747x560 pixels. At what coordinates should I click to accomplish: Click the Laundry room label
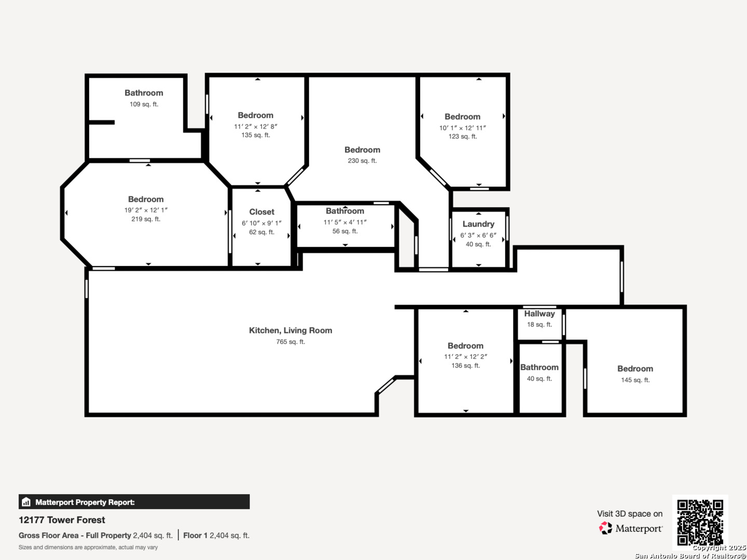click(478, 224)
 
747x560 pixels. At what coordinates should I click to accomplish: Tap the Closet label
click(261, 212)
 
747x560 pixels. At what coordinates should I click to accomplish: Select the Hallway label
click(539, 314)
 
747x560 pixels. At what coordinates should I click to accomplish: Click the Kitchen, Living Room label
click(290, 330)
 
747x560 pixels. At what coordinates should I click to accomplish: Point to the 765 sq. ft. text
click(290, 342)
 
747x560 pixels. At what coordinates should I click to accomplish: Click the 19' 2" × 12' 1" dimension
click(146, 210)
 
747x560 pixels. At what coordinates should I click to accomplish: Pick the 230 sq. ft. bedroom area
click(362, 161)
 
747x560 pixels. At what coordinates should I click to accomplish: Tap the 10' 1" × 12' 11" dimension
click(463, 128)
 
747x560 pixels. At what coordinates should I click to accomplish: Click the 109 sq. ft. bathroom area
click(144, 104)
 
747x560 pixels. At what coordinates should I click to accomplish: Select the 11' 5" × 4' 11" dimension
click(345, 222)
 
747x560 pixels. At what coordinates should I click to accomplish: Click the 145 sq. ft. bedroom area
click(635, 380)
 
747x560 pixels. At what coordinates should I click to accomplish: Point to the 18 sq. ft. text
click(539, 325)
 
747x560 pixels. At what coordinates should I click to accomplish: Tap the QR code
click(700, 522)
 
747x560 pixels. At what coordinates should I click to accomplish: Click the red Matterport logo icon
click(605, 528)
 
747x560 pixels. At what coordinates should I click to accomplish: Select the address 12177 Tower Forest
click(62, 520)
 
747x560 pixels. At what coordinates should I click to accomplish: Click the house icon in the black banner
click(26, 502)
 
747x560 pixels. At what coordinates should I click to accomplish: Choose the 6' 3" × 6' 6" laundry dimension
click(478, 235)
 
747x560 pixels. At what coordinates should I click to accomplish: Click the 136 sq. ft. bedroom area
click(465, 366)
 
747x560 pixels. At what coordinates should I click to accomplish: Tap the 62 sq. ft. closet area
click(261, 232)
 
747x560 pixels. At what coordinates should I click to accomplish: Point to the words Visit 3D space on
click(630, 514)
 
